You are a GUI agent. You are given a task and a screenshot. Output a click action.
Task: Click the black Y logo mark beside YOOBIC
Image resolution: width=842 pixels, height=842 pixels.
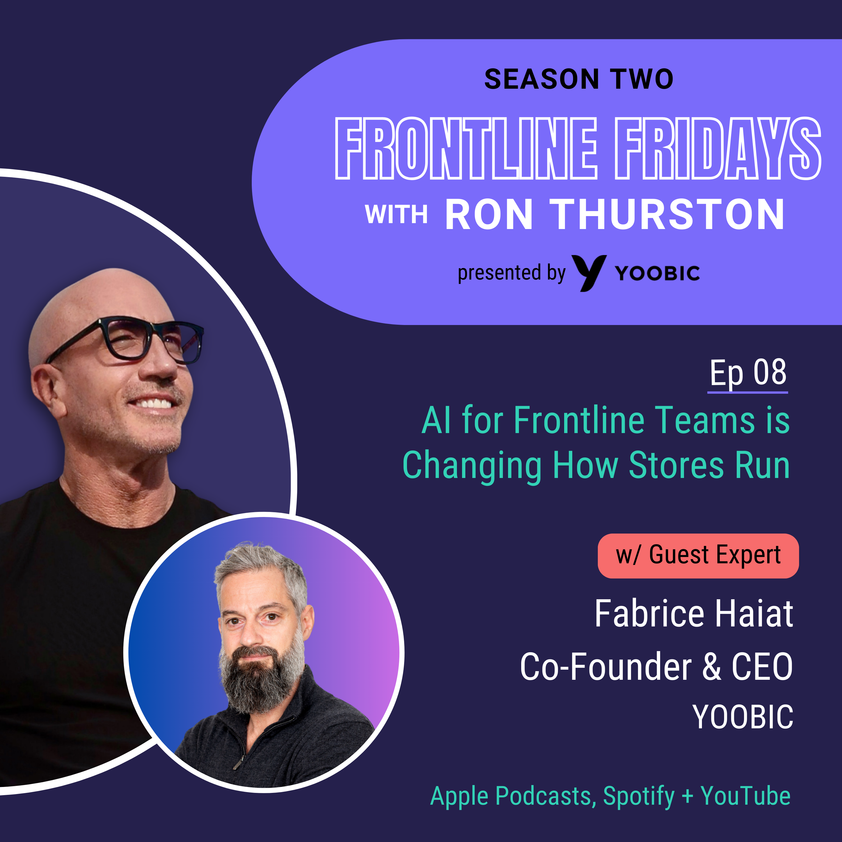coord(589,272)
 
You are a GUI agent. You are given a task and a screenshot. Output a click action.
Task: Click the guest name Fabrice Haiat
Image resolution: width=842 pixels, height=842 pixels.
coord(694,614)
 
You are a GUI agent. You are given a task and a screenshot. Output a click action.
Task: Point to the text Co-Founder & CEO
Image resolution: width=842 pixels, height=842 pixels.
coord(656,667)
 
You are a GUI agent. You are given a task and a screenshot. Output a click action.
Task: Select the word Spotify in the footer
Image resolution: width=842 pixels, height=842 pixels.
coord(639,796)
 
